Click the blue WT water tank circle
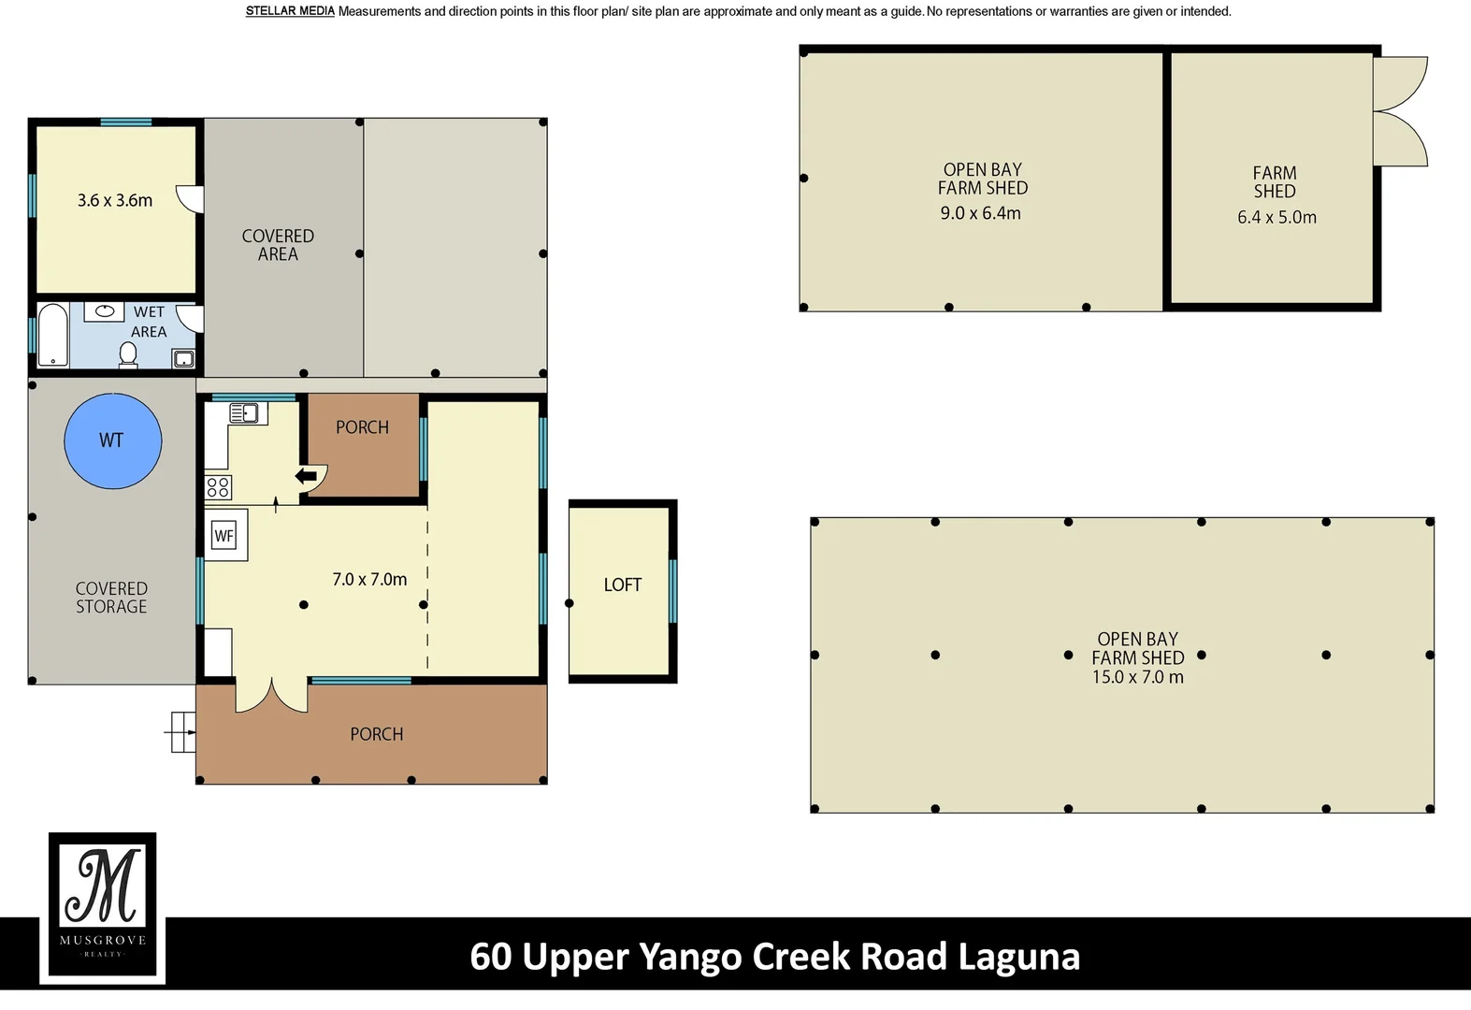tap(113, 440)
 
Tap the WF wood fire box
tap(224, 535)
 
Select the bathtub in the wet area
tap(53, 335)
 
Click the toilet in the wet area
tap(128, 355)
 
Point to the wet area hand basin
tap(105, 312)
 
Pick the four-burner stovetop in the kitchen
tap(218, 488)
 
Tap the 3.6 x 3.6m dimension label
tap(115, 200)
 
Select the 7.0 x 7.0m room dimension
tap(369, 579)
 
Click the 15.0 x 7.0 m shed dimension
tap(1138, 677)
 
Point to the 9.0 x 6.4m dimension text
tap(980, 213)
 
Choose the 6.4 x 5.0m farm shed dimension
tap(1276, 217)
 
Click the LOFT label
tap(623, 584)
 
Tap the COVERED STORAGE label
tap(111, 598)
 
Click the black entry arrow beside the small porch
tap(306, 476)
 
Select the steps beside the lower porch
tap(180, 732)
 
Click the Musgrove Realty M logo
tap(103, 905)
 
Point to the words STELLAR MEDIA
tap(290, 11)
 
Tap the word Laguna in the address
tap(1019, 958)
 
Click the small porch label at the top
tap(363, 427)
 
